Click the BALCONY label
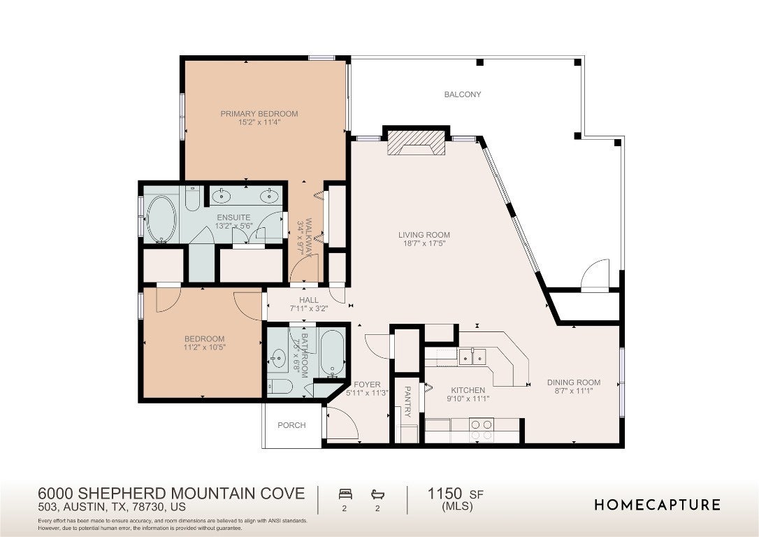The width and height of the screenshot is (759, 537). (x=463, y=94)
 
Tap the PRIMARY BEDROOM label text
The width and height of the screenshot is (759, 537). (x=259, y=114)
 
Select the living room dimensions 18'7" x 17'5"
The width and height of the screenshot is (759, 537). (x=424, y=243)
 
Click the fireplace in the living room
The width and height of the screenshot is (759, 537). (x=417, y=143)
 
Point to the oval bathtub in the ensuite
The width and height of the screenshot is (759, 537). (x=161, y=219)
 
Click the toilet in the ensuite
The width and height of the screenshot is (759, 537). (x=192, y=198)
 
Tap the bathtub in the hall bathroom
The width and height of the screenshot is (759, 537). (x=332, y=353)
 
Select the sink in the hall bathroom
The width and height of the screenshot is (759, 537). (x=278, y=359)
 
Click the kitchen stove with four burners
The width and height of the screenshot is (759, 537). (x=482, y=430)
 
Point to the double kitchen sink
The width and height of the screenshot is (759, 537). (x=472, y=357)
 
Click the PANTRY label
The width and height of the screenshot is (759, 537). (x=407, y=401)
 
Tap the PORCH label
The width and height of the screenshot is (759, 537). (x=291, y=425)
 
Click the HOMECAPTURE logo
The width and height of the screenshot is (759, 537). (x=658, y=505)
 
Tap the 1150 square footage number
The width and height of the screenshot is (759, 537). (x=444, y=494)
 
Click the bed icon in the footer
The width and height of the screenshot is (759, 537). (x=345, y=494)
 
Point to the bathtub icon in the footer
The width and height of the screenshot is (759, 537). (x=377, y=494)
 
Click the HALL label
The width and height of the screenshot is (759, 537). (x=309, y=300)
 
